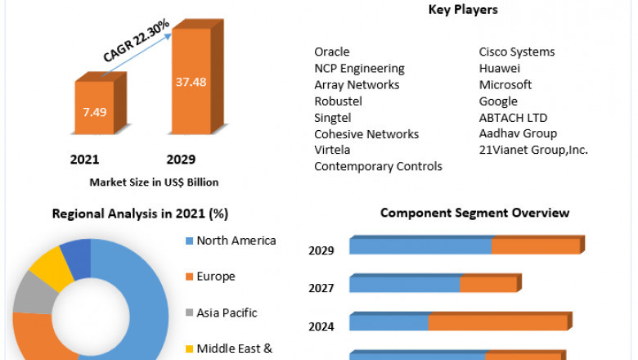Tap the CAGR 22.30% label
(x=137, y=42)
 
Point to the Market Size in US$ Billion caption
(x=154, y=182)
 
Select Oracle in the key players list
(x=332, y=52)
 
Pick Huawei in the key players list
(x=499, y=69)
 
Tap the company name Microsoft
(x=505, y=85)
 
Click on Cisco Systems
(x=517, y=52)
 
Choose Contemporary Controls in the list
(x=378, y=167)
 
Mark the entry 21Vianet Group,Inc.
(x=533, y=150)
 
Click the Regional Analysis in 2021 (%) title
(x=140, y=214)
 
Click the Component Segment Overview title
(x=474, y=213)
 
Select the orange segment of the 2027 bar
(x=488, y=285)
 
